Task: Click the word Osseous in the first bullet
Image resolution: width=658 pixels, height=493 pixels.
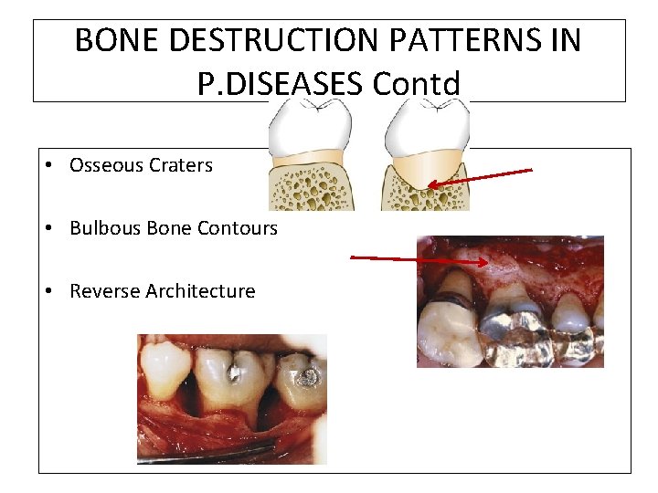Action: (x=102, y=165)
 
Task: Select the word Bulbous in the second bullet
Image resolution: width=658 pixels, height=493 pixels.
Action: (x=101, y=228)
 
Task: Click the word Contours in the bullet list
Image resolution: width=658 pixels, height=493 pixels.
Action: (x=239, y=228)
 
